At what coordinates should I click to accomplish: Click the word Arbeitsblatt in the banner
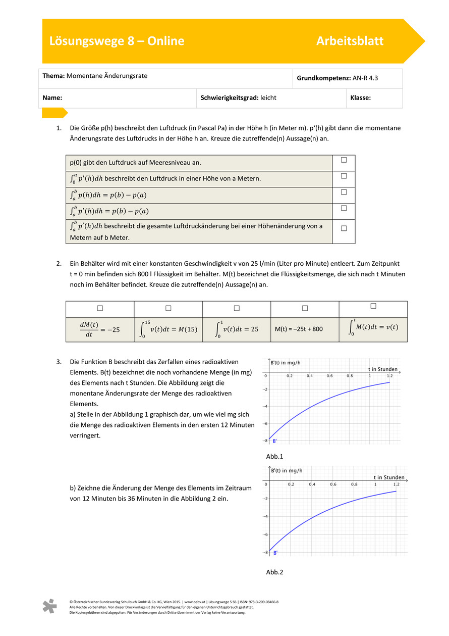[350, 41]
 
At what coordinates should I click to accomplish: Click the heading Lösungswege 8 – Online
[117, 41]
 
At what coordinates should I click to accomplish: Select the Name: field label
[52, 98]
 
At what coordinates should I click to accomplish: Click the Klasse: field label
[360, 98]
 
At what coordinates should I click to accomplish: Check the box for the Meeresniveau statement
[344, 160]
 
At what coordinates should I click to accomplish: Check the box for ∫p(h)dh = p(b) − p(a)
[344, 192]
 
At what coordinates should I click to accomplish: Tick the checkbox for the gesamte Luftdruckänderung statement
[344, 228]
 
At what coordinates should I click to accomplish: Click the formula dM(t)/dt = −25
[100, 329]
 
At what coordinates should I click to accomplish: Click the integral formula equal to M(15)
[168, 329]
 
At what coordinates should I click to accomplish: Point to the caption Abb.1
[274, 456]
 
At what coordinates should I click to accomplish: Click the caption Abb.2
[274, 572]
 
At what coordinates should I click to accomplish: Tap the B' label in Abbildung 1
[274, 441]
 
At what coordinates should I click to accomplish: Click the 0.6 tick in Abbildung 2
[333, 484]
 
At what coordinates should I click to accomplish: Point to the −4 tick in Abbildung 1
[264, 406]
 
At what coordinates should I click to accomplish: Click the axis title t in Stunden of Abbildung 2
[389, 477]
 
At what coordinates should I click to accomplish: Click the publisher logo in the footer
[49, 606]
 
